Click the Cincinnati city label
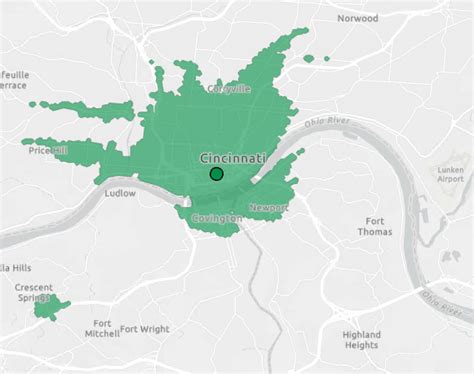(x=232, y=159)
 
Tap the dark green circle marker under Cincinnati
(x=216, y=174)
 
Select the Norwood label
(x=357, y=18)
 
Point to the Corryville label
(x=229, y=89)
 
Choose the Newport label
(x=267, y=207)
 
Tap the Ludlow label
(x=119, y=193)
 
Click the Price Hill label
(x=47, y=150)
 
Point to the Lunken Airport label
(x=451, y=177)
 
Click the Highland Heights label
(x=360, y=340)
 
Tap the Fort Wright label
(x=144, y=328)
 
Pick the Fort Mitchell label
(x=101, y=329)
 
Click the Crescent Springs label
(x=33, y=293)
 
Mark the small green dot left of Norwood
(x=323, y=58)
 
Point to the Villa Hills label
(x=15, y=267)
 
